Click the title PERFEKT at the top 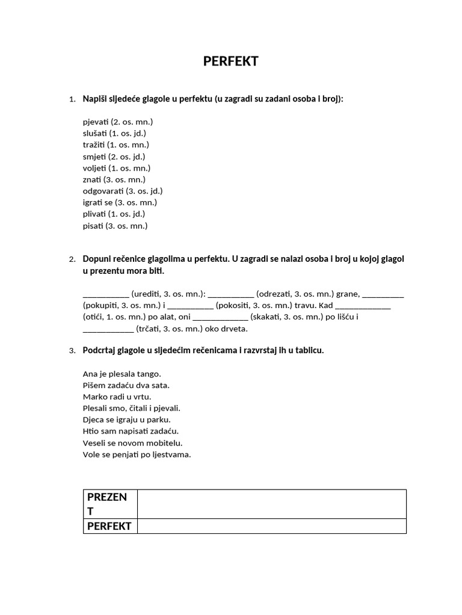point(231,61)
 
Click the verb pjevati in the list point(96,122)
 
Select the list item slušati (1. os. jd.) point(114,133)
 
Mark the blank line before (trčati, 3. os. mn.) point(108,330)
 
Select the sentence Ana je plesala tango point(122,374)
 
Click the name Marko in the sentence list point(93,397)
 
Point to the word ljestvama point(170,454)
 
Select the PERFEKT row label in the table point(110,526)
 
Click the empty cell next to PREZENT point(272,504)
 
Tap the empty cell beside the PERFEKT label point(272,526)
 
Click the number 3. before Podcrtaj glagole point(72,351)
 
